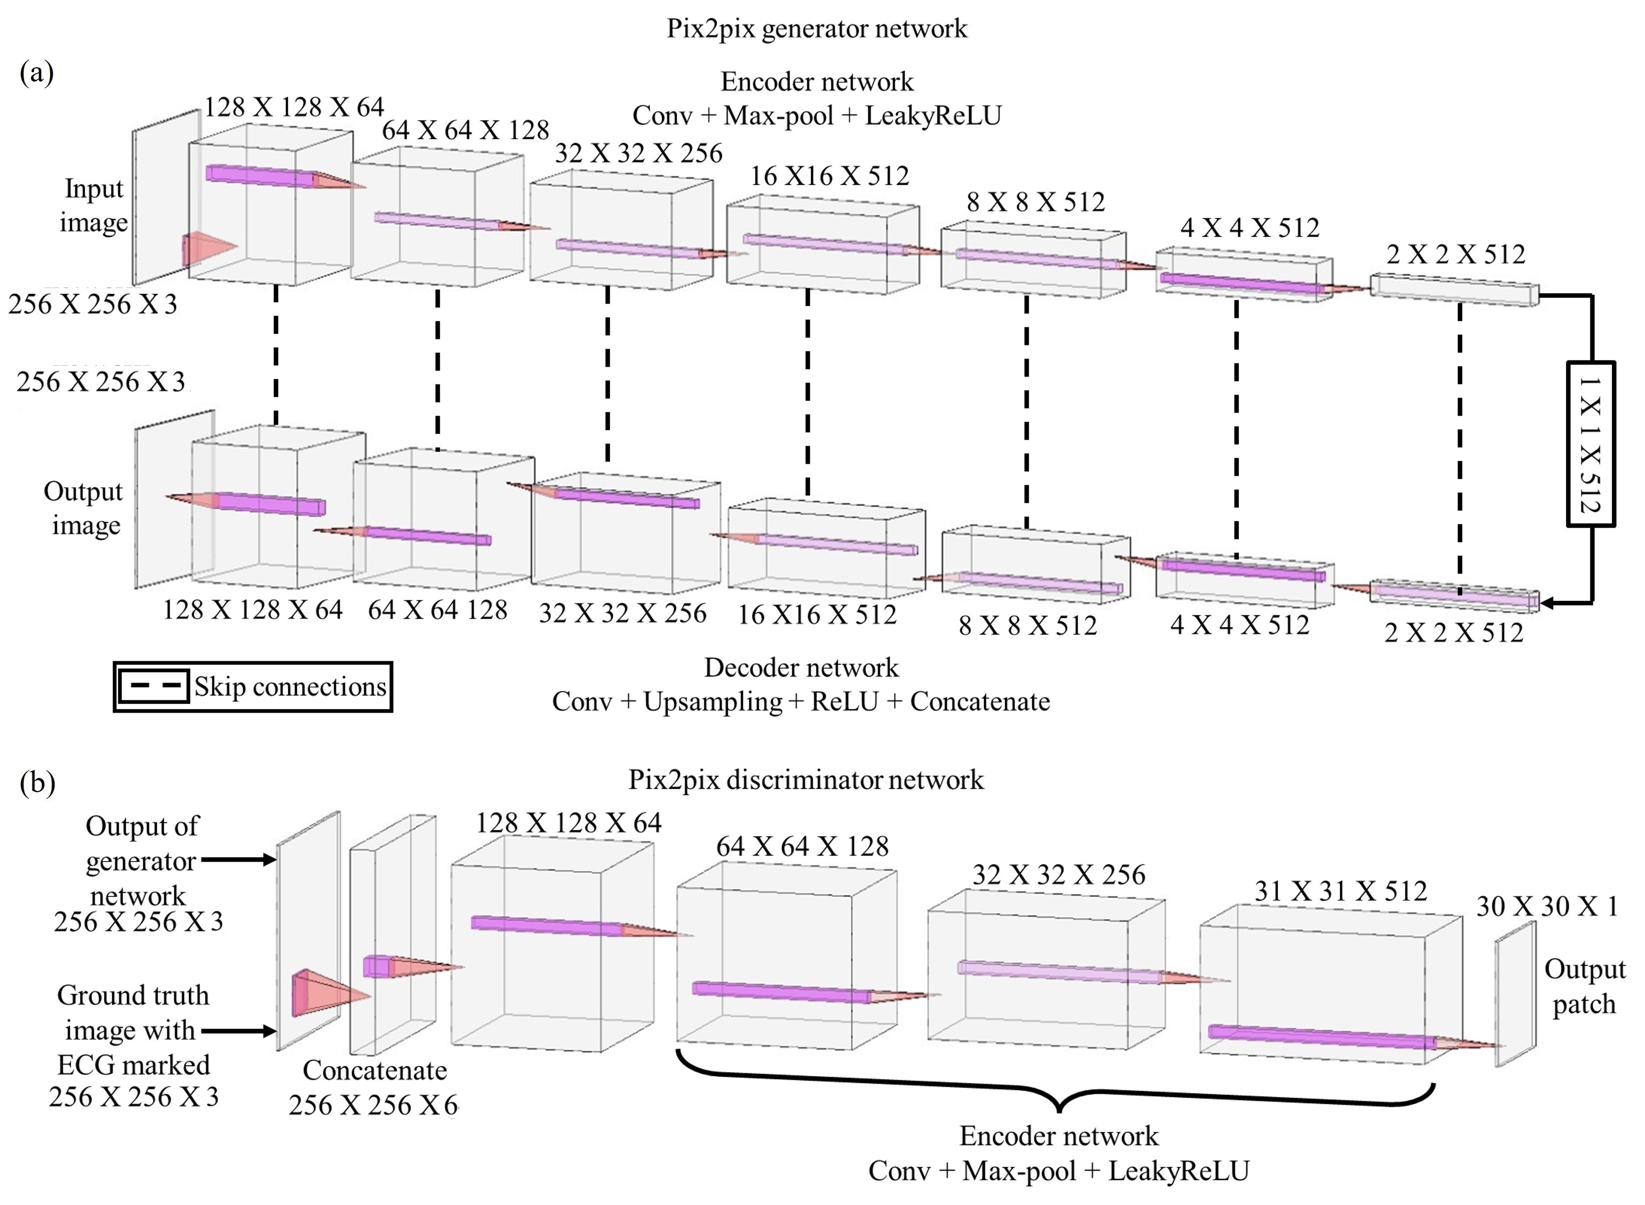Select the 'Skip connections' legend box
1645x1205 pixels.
point(252,687)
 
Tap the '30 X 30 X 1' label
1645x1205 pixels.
point(1547,906)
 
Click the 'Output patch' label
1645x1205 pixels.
point(1585,986)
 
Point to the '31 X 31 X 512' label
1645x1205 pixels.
point(1341,890)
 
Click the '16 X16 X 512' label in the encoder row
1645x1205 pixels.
point(829,176)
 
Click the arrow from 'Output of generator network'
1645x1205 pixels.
point(238,860)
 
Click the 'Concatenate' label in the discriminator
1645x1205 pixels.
point(375,1070)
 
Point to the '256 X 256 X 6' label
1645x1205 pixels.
point(373,1105)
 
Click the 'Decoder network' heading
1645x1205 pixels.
point(801,667)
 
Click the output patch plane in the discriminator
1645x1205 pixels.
point(1515,994)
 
